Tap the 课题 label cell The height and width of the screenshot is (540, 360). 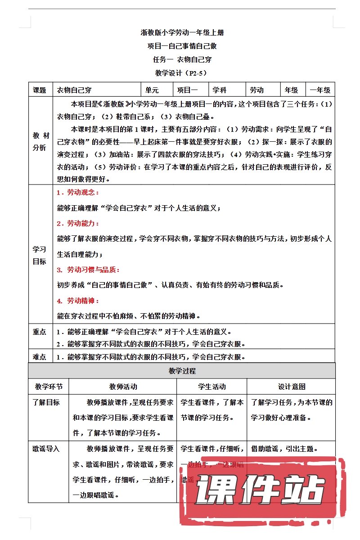coord(40,90)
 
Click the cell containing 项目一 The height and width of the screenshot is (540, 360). coord(187,90)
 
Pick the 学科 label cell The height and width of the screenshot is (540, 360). coord(220,90)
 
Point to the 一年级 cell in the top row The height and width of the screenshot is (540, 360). coord(320,90)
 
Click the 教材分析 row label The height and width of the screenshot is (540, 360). coord(40,142)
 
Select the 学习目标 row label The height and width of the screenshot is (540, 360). coord(40,255)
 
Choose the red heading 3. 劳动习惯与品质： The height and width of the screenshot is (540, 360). coord(88,270)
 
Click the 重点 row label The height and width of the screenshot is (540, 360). coord(40,332)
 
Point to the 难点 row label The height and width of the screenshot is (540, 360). coord(40,357)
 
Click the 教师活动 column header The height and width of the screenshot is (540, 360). coord(123,387)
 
